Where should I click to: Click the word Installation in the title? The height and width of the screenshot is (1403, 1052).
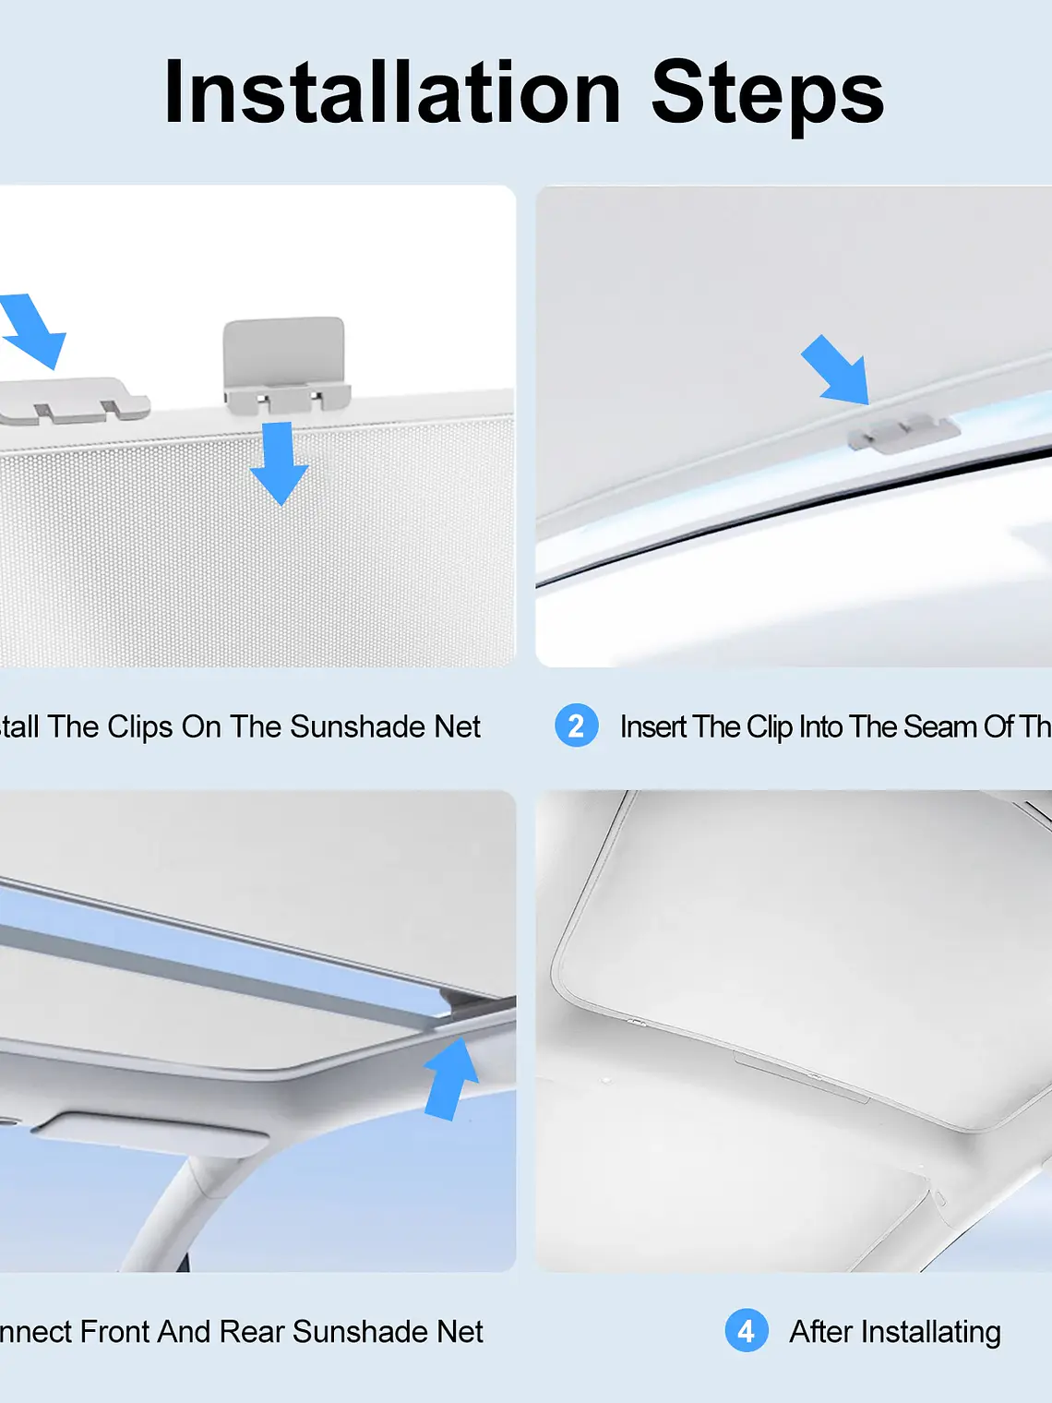pyautogui.click(x=392, y=92)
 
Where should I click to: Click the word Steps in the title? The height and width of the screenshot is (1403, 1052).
pyautogui.click(x=767, y=92)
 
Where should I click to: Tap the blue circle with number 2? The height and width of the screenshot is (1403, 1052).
pyautogui.click(x=577, y=726)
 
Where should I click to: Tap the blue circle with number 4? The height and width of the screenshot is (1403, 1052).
pyautogui.click(x=747, y=1331)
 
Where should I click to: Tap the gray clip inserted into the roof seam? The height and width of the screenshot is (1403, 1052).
pyautogui.click(x=903, y=432)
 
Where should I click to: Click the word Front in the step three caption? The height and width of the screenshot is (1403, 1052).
pyautogui.click(x=114, y=1332)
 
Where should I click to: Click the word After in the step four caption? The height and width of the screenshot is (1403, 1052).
pyautogui.click(x=820, y=1332)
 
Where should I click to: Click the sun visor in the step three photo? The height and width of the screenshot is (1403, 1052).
pyautogui.click(x=148, y=1133)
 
